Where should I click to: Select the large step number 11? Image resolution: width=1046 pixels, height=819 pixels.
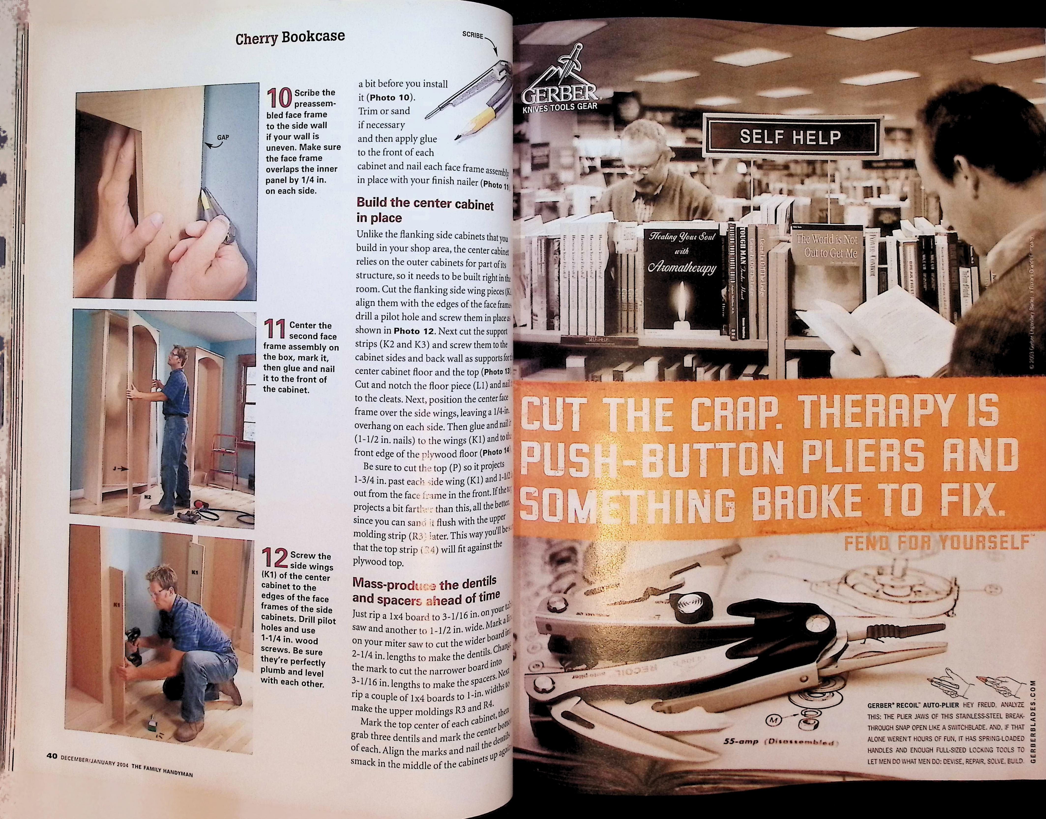pos(275,330)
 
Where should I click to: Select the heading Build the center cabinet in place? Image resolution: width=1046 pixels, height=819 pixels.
pos(425,211)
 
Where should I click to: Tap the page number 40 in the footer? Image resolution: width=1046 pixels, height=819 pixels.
pos(52,756)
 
